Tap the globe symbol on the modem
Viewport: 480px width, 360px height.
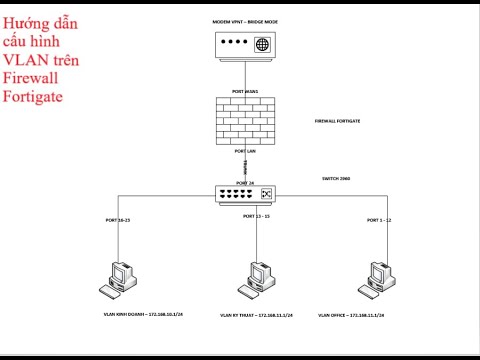click(x=262, y=45)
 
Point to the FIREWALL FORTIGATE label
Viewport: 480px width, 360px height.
click(x=337, y=120)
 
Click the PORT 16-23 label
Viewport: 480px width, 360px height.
click(x=119, y=218)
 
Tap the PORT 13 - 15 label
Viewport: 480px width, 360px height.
click(x=257, y=216)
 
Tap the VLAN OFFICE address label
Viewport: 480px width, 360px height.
click(x=359, y=314)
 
